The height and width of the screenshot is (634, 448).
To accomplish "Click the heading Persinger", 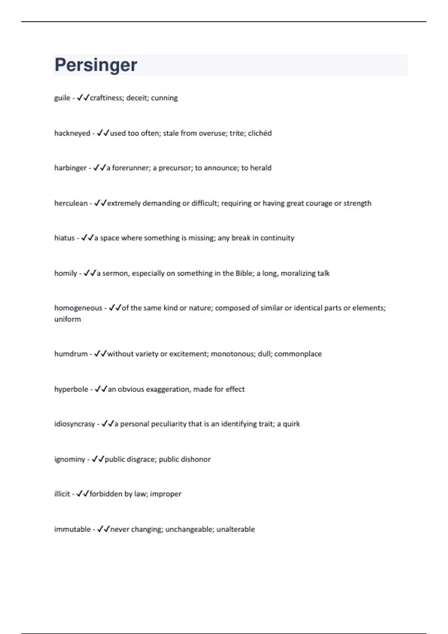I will [96, 65].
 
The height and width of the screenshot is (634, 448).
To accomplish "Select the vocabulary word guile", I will [62, 98].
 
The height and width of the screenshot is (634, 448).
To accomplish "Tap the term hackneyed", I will [72, 134].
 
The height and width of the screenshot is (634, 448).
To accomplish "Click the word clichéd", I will [260, 133].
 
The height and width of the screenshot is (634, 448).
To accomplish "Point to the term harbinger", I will [70, 168].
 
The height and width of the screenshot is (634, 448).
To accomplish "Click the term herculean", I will [71, 203].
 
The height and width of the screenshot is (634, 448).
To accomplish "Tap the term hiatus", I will [64, 238].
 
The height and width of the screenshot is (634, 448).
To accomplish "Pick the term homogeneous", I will [78, 308].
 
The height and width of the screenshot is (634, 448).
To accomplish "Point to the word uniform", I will [68, 319].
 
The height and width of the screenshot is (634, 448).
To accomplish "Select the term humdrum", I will [71, 354].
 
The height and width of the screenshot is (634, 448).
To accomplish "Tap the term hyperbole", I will [71, 389].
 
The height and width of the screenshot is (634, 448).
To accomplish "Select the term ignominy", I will [69, 459].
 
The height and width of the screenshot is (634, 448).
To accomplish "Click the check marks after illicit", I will [83, 494].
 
